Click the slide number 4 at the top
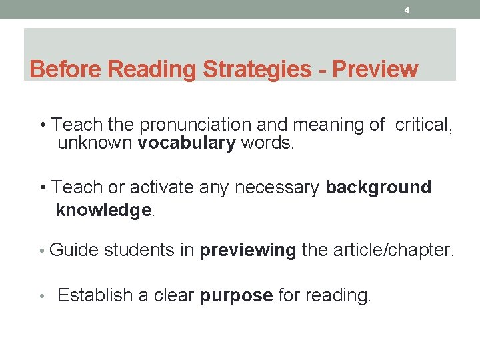point(407,10)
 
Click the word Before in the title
point(66,69)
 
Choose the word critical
point(423,125)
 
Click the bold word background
point(378,187)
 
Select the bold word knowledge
point(104,210)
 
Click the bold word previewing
point(248,251)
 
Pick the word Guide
point(73,251)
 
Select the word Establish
point(95,295)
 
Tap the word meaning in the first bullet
point(329,125)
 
